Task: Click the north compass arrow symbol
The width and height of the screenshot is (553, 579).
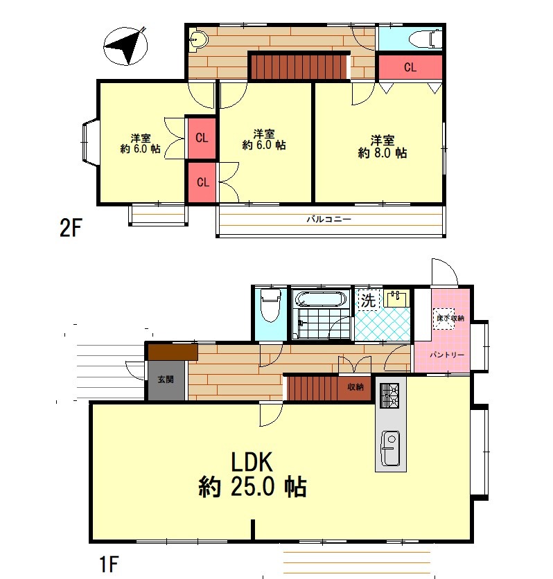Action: pyautogui.click(x=125, y=46)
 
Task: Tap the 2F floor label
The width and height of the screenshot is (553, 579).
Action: pyautogui.click(x=71, y=228)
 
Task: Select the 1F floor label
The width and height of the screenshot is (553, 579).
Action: pyautogui.click(x=109, y=564)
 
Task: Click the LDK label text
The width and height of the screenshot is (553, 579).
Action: pyautogui.click(x=252, y=461)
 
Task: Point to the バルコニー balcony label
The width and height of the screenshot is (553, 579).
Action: pyautogui.click(x=328, y=220)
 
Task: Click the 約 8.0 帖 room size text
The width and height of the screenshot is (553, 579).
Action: pyautogui.click(x=383, y=152)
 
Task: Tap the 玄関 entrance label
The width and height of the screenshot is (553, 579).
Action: pyautogui.click(x=166, y=380)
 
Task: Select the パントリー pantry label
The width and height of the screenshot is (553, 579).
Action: pyautogui.click(x=446, y=355)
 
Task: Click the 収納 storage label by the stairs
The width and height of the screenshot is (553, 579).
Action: pyautogui.click(x=355, y=386)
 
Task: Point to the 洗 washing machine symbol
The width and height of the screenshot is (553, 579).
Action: pyautogui.click(x=368, y=300)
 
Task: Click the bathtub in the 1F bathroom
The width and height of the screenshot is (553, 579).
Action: pyautogui.click(x=322, y=299)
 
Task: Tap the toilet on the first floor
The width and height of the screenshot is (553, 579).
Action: pyautogui.click(x=270, y=305)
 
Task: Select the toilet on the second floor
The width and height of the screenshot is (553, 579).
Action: pyautogui.click(x=425, y=38)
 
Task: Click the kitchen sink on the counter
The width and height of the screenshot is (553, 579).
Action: pyautogui.click(x=390, y=448)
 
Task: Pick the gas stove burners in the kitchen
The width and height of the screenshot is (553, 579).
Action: pyautogui.click(x=389, y=395)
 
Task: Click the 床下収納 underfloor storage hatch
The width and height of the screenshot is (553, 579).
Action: pyautogui.click(x=445, y=319)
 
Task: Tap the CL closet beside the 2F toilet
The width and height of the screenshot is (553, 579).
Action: pyautogui.click(x=410, y=67)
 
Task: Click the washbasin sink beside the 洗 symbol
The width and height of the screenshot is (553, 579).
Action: pyautogui.click(x=396, y=299)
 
